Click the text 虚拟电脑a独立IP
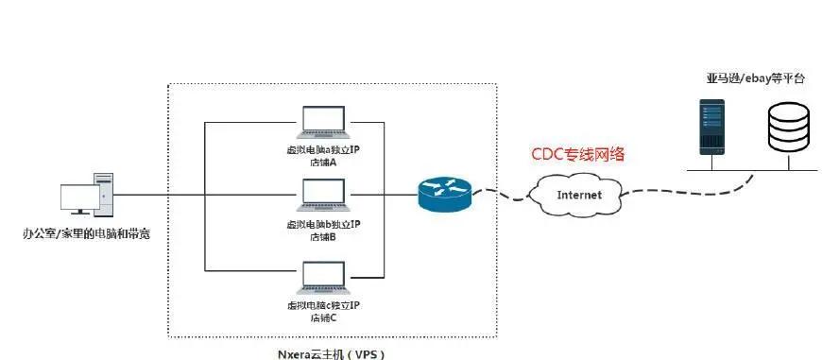click(323, 149)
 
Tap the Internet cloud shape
click(578, 195)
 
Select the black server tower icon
click(711, 128)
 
